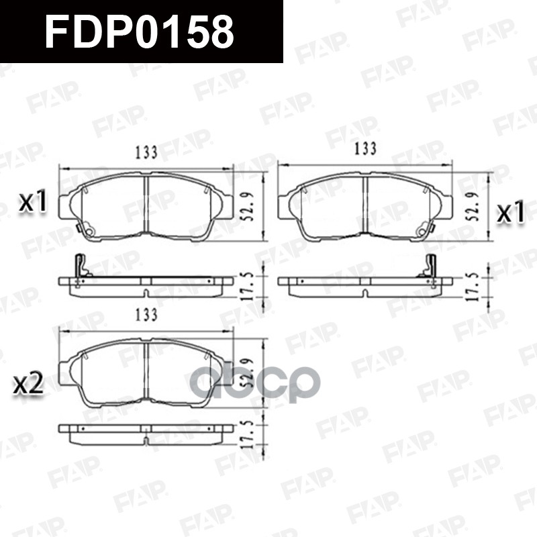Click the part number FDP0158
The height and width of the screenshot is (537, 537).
click(x=140, y=31)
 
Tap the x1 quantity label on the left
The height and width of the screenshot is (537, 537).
click(x=32, y=201)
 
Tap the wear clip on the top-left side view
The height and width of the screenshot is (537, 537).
click(x=81, y=267)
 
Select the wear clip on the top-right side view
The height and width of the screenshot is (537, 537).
click(x=430, y=267)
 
